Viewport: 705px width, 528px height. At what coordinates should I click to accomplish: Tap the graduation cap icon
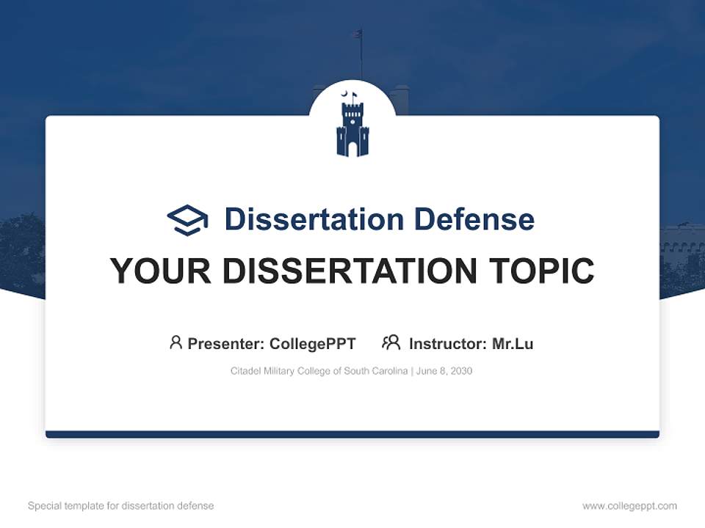point(187,219)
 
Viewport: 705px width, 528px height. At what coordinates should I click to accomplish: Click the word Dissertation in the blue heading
point(314,219)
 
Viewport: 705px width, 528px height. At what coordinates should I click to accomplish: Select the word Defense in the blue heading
point(474,219)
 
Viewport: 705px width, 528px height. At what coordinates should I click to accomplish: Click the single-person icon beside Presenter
point(176,342)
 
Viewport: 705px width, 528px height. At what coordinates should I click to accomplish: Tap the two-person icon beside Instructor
point(391,342)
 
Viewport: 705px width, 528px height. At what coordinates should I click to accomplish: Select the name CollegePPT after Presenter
point(313,344)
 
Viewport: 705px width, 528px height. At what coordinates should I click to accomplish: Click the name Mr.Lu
point(513,344)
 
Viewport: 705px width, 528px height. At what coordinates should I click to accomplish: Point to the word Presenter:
point(226,344)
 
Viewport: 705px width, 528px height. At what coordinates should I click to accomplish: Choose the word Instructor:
point(447,344)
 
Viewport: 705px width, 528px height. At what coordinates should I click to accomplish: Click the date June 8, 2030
point(444,371)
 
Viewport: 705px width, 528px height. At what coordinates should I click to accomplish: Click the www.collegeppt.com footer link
point(629,506)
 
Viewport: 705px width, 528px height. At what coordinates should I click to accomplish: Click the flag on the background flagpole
point(358,34)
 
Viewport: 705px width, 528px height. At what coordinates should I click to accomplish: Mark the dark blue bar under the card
point(352,434)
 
